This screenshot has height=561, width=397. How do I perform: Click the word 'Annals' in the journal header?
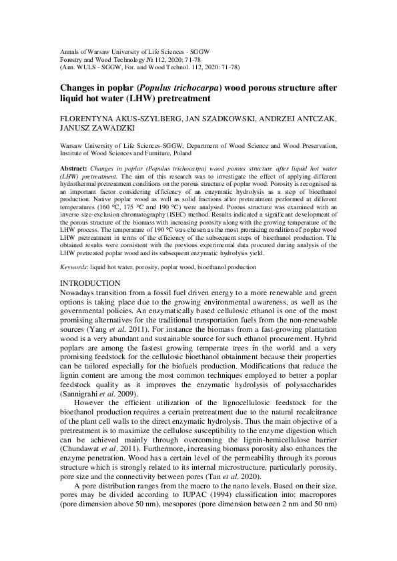(x=71, y=51)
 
